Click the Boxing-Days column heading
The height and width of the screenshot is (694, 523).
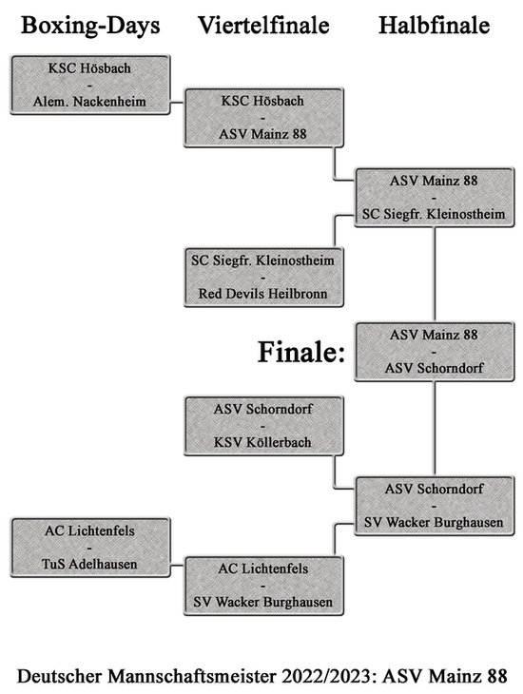[x=90, y=26]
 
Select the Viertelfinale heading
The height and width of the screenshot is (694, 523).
[x=263, y=26]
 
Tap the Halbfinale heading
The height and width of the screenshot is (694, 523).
[x=434, y=26]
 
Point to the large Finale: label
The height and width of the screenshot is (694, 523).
[x=301, y=352]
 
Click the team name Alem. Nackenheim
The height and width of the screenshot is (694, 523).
[x=89, y=102]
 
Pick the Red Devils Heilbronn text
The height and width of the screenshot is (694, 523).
[x=263, y=294]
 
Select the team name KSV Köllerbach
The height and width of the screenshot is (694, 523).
[x=263, y=442]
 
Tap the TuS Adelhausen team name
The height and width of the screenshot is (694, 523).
[x=89, y=564]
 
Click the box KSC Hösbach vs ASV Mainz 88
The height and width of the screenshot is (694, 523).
[x=263, y=118]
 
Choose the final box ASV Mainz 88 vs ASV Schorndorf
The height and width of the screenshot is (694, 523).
[x=434, y=352]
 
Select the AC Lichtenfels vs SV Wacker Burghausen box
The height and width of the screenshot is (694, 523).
[x=263, y=586]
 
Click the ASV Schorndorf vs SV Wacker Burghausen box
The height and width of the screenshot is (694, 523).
[x=434, y=506]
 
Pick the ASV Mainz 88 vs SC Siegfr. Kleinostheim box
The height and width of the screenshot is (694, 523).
[x=434, y=198]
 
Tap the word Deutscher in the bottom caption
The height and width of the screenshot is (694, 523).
[x=59, y=676]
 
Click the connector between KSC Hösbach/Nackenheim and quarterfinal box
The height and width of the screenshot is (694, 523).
[x=177, y=103]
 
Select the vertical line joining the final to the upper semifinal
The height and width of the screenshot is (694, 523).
[x=435, y=275]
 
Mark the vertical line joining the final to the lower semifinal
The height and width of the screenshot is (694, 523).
[x=435, y=429]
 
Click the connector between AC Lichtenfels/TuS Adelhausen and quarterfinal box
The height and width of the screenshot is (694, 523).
[x=177, y=566]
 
